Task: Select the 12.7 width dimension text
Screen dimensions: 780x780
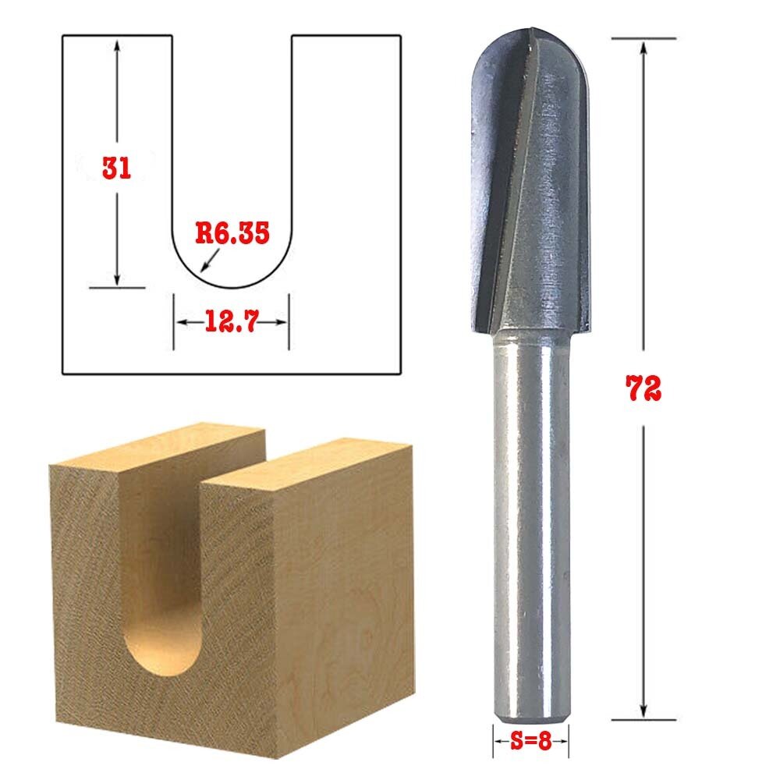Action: coord(231,321)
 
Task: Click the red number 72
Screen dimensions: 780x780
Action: coord(643,388)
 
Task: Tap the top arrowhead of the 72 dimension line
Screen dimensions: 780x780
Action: coord(643,47)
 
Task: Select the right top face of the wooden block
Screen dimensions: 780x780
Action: coord(312,468)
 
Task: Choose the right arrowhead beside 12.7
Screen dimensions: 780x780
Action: coord(283,321)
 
